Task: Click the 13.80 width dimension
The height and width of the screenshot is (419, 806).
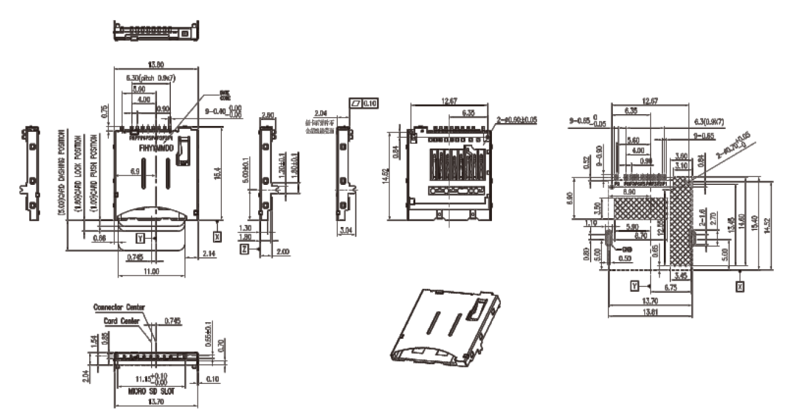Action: pyautogui.click(x=155, y=64)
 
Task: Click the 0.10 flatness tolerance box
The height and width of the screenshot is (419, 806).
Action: pyautogui.click(x=370, y=103)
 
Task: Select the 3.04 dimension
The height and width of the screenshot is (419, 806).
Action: pyautogui.click(x=346, y=229)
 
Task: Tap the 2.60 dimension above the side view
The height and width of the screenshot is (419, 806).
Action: pyautogui.click(x=268, y=114)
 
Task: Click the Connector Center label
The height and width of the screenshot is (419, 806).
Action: pyautogui.click(x=119, y=308)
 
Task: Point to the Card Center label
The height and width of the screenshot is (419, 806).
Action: pyautogui.click(x=122, y=321)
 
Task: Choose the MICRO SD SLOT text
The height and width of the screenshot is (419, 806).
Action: pyautogui.click(x=152, y=392)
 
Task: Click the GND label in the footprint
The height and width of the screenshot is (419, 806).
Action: pyautogui.click(x=626, y=250)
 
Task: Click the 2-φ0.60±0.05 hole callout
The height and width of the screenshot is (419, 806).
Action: pyautogui.click(x=516, y=120)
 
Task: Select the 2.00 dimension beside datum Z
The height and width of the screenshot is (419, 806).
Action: pyautogui.click(x=283, y=252)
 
